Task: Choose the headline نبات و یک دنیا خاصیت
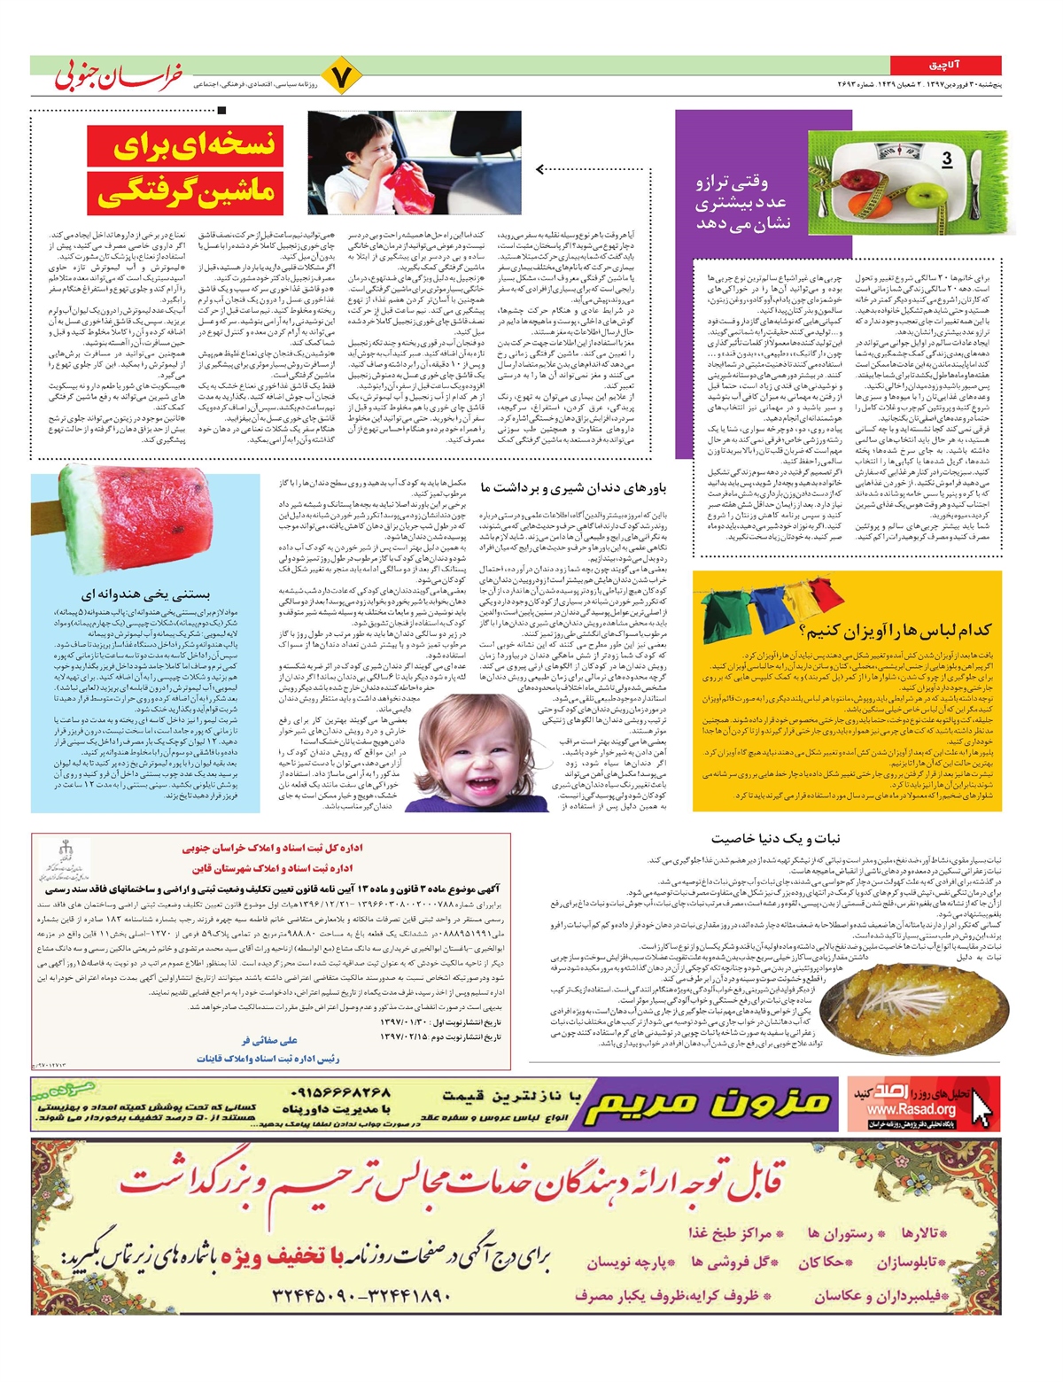point(775,838)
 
